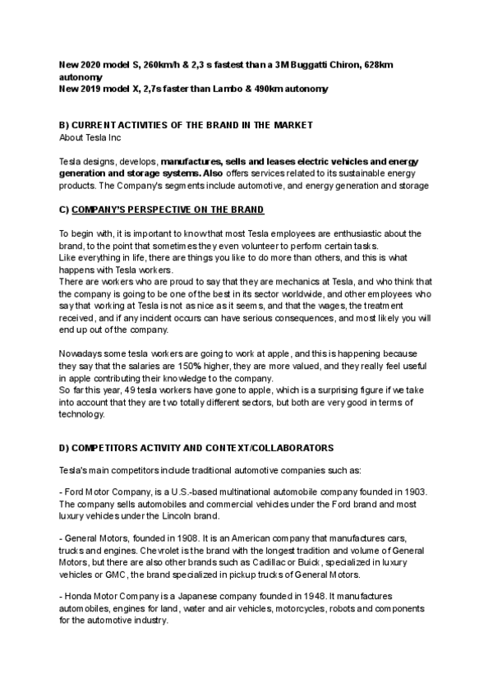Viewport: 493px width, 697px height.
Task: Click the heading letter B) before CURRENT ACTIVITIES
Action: tap(65, 125)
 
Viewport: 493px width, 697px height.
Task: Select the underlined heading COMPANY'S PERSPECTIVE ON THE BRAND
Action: tap(169, 210)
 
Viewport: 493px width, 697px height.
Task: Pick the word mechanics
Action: tap(303, 280)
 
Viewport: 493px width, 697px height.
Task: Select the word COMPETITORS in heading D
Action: tap(109, 450)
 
